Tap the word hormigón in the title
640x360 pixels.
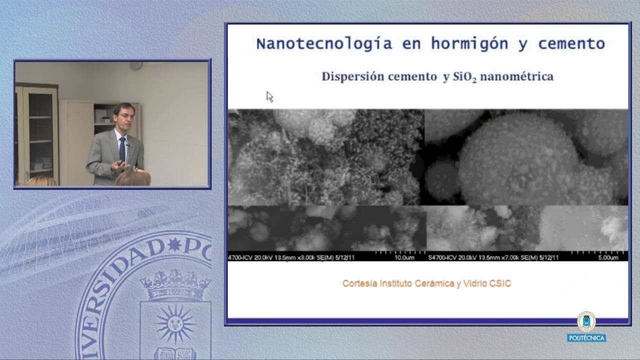469,44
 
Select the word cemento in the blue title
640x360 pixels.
571,44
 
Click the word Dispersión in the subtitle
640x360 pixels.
354,76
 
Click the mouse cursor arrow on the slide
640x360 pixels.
269,96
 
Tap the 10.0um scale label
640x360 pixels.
404,257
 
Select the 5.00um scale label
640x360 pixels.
608,257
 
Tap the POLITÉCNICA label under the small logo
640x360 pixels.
586,338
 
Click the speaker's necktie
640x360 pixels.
122,148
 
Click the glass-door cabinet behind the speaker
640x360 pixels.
37,132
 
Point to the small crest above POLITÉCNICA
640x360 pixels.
586,322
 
